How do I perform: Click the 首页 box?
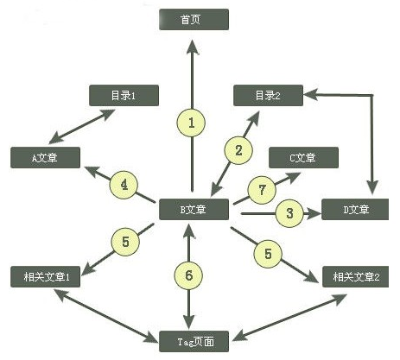click(194, 19)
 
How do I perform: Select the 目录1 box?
click(124, 95)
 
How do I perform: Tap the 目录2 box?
click(268, 95)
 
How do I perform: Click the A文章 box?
click(45, 157)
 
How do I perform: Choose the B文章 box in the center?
click(194, 209)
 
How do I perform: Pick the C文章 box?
click(303, 157)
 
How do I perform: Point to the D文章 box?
click(355, 209)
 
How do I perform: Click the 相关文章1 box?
click(45, 276)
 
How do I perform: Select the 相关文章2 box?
click(356, 276)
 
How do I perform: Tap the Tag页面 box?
click(194, 341)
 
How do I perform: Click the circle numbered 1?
click(191, 123)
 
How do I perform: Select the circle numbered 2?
click(238, 150)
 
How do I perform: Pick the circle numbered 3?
click(289, 213)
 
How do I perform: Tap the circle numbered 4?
click(124, 185)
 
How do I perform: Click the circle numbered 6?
click(188, 275)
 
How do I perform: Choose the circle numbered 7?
click(262, 190)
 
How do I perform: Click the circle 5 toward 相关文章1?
click(125, 242)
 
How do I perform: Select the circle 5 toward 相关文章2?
click(268, 254)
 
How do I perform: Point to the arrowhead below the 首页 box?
click(193, 47)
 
